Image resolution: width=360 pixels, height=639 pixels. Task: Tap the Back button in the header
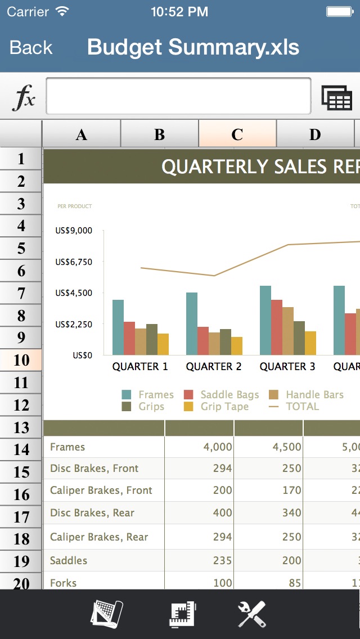coord(31,48)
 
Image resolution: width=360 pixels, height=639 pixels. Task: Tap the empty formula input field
coord(178,96)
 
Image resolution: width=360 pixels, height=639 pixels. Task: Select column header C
coord(237,134)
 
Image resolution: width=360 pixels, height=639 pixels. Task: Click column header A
coord(82,134)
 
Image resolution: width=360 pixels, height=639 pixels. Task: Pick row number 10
coord(21,360)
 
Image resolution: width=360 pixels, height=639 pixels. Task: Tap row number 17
coord(21,517)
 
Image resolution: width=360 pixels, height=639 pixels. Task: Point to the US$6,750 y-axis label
coord(74,262)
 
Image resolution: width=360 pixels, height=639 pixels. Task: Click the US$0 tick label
coord(82,355)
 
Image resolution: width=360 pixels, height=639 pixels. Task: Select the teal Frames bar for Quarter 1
coord(118,327)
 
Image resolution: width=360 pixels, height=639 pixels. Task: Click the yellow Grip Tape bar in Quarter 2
coord(237,345)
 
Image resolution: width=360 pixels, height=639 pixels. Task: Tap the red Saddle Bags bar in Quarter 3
coord(276,327)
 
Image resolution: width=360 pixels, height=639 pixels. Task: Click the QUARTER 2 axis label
coord(214,367)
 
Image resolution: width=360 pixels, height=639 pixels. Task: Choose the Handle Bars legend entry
coord(314,395)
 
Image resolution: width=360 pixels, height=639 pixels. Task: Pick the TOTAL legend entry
coord(302,407)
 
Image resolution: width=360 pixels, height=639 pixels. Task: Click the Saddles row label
coord(69,561)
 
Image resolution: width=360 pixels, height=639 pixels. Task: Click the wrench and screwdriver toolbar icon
coord(251,614)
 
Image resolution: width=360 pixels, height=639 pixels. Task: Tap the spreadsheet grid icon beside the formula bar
coord(336,98)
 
